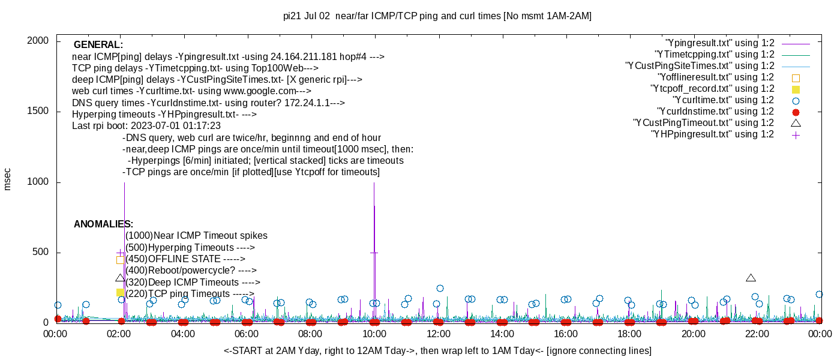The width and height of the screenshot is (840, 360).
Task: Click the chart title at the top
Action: pyautogui.click(x=437, y=16)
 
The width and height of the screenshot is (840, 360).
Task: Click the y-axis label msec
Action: pyautogui.click(x=8, y=179)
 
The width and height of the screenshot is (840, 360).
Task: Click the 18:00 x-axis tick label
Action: pyautogui.click(x=629, y=334)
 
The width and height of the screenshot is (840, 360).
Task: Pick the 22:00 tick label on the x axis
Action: pyautogui.click(x=757, y=334)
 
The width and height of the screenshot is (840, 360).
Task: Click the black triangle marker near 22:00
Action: pyautogui.click(x=751, y=278)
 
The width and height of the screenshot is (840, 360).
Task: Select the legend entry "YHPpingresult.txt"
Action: pyautogui.click(x=712, y=134)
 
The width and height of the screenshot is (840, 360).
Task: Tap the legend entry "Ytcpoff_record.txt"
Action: pyautogui.click(x=712, y=89)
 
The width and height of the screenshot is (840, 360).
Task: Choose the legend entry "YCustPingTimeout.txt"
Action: pyautogui.click(x=704, y=123)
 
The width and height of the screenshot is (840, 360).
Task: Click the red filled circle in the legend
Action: pyautogui.click(x=796, y=112)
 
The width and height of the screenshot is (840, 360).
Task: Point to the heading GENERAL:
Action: pyautogui.click(x=98, y=45)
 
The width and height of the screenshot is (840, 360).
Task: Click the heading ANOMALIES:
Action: pyautogui.click(x=103, y=224)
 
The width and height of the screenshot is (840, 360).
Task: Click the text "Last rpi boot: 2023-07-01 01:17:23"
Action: pyautogui.click(x=146, y=126)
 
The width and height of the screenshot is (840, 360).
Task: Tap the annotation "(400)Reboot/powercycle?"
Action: pyautogui.click(x=191, y=271)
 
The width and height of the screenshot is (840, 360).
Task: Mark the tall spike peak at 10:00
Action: pyautogui.click(x=374, y=184)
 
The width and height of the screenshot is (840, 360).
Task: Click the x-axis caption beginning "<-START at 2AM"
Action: pyautogui.click(x=437, y=350)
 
